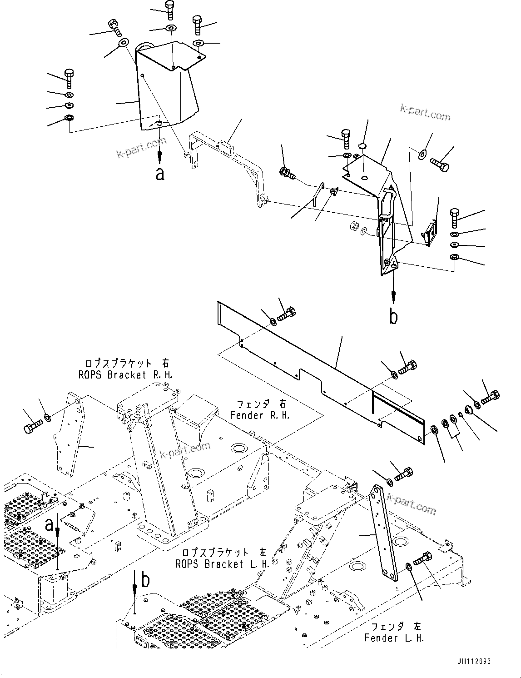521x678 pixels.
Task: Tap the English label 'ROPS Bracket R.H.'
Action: click(125, 375)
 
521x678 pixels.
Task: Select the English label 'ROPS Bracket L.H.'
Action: click(223, 564)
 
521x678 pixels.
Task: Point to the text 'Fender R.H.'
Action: click(259, 415)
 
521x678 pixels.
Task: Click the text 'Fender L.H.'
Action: click(394, 638)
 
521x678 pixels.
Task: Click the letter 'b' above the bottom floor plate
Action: click(145, 580)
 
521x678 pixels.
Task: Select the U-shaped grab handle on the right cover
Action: click(387, 202)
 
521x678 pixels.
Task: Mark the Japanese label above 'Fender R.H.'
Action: click(259, 404)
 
